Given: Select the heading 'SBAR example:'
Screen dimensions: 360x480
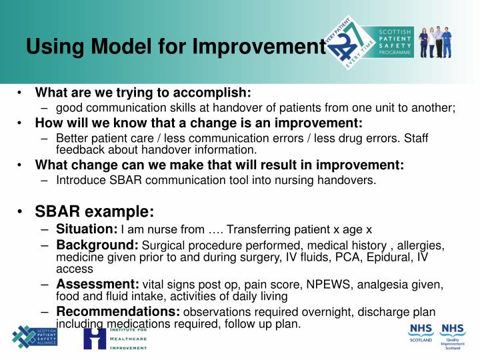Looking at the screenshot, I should [95, 211].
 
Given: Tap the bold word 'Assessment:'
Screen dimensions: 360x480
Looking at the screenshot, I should [97, 285].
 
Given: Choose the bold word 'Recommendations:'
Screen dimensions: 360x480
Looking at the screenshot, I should [118, 311].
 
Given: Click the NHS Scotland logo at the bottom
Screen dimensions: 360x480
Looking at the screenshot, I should [420, 335].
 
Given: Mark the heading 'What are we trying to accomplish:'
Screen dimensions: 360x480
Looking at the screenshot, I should [143, 92].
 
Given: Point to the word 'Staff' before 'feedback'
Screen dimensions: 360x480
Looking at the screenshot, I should [414, 139].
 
